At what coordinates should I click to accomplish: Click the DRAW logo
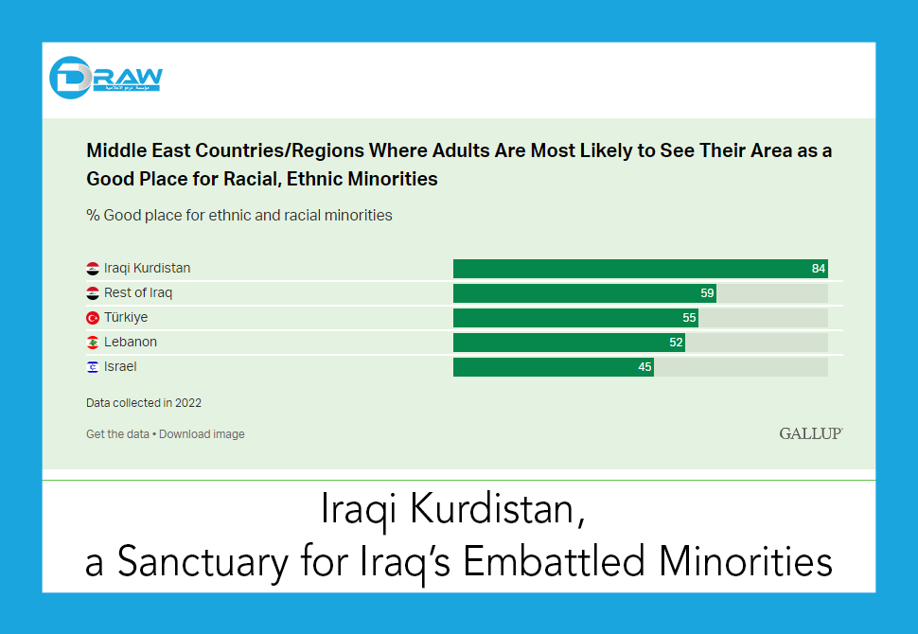coord(105,78)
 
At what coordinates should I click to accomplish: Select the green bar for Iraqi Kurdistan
coord(640,269)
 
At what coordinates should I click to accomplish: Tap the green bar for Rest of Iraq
coord(584,293)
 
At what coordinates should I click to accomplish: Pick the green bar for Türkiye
coord(575,318)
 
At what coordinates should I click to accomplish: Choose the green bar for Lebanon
coord(569,343)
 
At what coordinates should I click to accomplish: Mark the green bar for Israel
coord(554,367)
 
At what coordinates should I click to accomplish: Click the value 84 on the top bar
coord(819,269)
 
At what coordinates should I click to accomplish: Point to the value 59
coord(707,293)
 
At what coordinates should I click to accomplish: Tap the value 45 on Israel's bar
coord(644,367)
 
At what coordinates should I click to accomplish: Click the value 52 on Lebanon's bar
coord(676,343)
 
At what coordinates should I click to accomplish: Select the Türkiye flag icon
coord(93,318)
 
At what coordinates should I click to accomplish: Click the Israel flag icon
coord(93,367)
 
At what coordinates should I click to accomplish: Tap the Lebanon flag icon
coord(93,343)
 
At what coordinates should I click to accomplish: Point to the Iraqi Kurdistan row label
coord(147,269)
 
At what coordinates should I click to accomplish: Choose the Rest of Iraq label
coord(138,293)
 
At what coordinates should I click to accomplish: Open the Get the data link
coord(117,434)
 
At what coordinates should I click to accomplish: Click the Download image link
coord(202,434)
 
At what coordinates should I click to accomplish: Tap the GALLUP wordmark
coord(810,433)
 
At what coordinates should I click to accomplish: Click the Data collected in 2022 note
coord(144,403)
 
